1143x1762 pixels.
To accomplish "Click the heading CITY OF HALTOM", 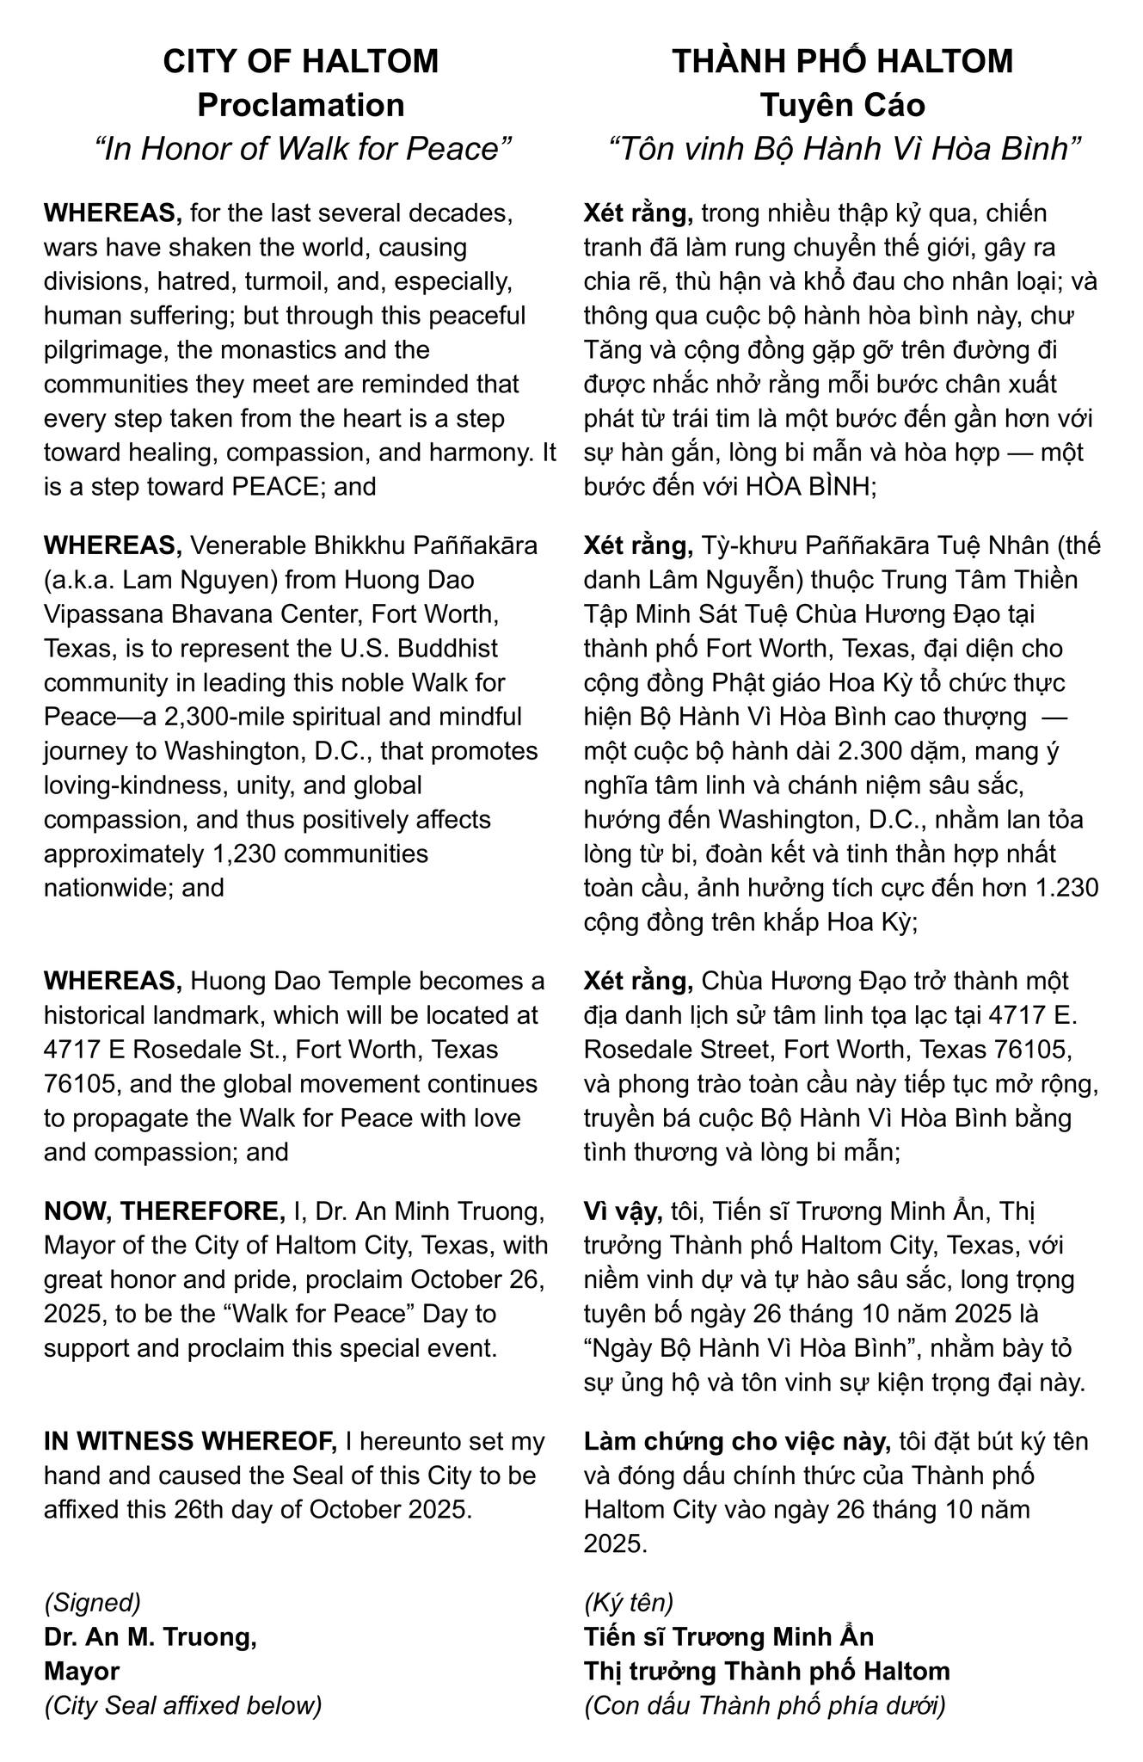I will tap(300, 62).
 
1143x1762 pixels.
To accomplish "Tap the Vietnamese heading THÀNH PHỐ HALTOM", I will tap(842, 62).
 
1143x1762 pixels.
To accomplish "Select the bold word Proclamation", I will tap(300, 105).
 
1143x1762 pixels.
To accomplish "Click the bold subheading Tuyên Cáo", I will tap(842, 105).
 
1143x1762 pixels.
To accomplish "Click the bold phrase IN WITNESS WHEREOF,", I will tap(190, 1441).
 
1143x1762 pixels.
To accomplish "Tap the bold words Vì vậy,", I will tap(623, 1211).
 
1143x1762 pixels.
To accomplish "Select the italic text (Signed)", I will tap(92, 1602).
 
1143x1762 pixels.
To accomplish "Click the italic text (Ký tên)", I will tap(628, 1602).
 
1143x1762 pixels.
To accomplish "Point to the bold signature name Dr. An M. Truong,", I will tap(151, 1637).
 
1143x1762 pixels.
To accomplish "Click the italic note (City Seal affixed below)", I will tap(182, 1705).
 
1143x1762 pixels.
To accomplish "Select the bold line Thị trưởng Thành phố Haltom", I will tap(766, 1671).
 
